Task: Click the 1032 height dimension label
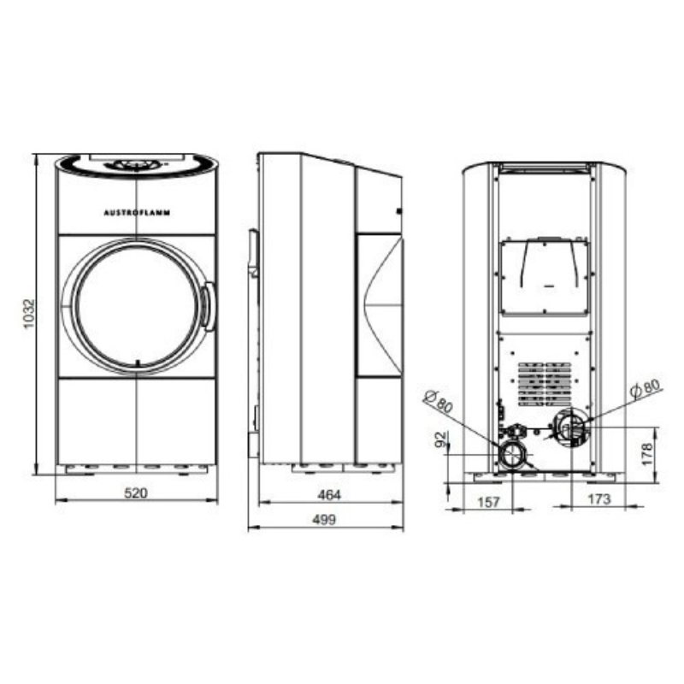coord(28,314)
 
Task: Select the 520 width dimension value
coord(136,493)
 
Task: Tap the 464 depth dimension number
coord(329,495)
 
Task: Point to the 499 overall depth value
coord(325,520)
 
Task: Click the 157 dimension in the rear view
coord(488,502)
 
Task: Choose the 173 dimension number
coord(599,499)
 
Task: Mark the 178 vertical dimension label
coord(647,454)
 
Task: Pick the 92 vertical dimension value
coord(441,439)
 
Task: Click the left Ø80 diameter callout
coord(438,401)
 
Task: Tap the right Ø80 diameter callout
coord(646,388)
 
